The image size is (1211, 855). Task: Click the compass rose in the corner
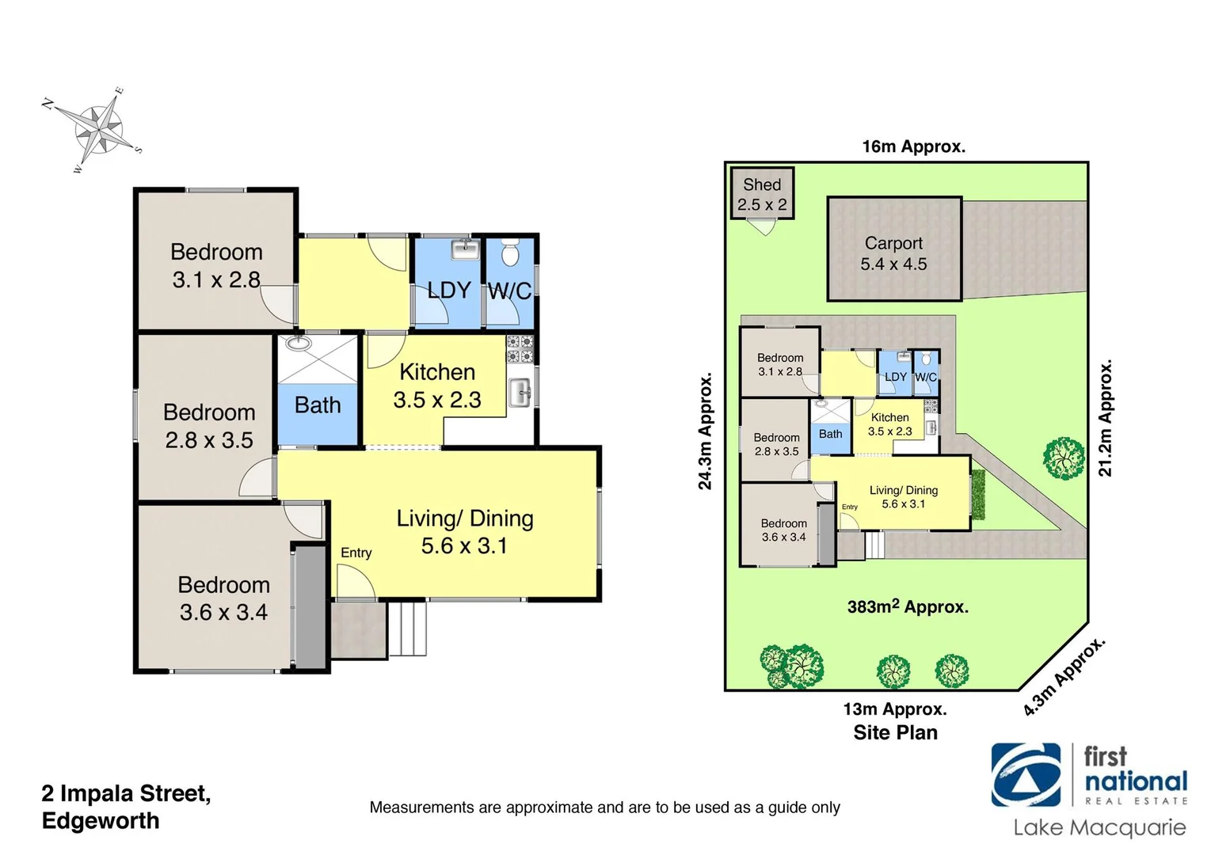(x=93, y=130)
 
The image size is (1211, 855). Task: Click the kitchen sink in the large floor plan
(x=520, y=393)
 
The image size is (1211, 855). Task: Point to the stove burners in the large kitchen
(x=521, y=349)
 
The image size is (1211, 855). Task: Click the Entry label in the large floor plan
(x=356, y=553)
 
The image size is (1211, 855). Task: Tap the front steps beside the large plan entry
(x=408, y=629)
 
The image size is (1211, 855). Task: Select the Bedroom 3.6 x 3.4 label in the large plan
(x=223, y=598)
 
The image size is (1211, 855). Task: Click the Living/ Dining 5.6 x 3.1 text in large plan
(x=465, y=532)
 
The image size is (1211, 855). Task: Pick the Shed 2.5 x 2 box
(x=762, y=193)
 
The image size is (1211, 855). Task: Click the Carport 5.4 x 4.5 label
(x=893, y=253)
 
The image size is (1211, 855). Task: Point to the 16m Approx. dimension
(x=913, y=146)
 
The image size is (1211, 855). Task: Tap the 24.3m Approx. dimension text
(x=705, y=431)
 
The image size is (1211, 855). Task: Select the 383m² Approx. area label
(x=908, y=607)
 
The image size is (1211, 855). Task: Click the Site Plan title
(x=895, y=732)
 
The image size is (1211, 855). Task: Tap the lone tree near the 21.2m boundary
(x=1063, y=458)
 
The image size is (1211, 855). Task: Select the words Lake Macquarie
(x=1099, y=828)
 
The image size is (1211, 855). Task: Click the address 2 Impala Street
(x=126, y=793)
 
